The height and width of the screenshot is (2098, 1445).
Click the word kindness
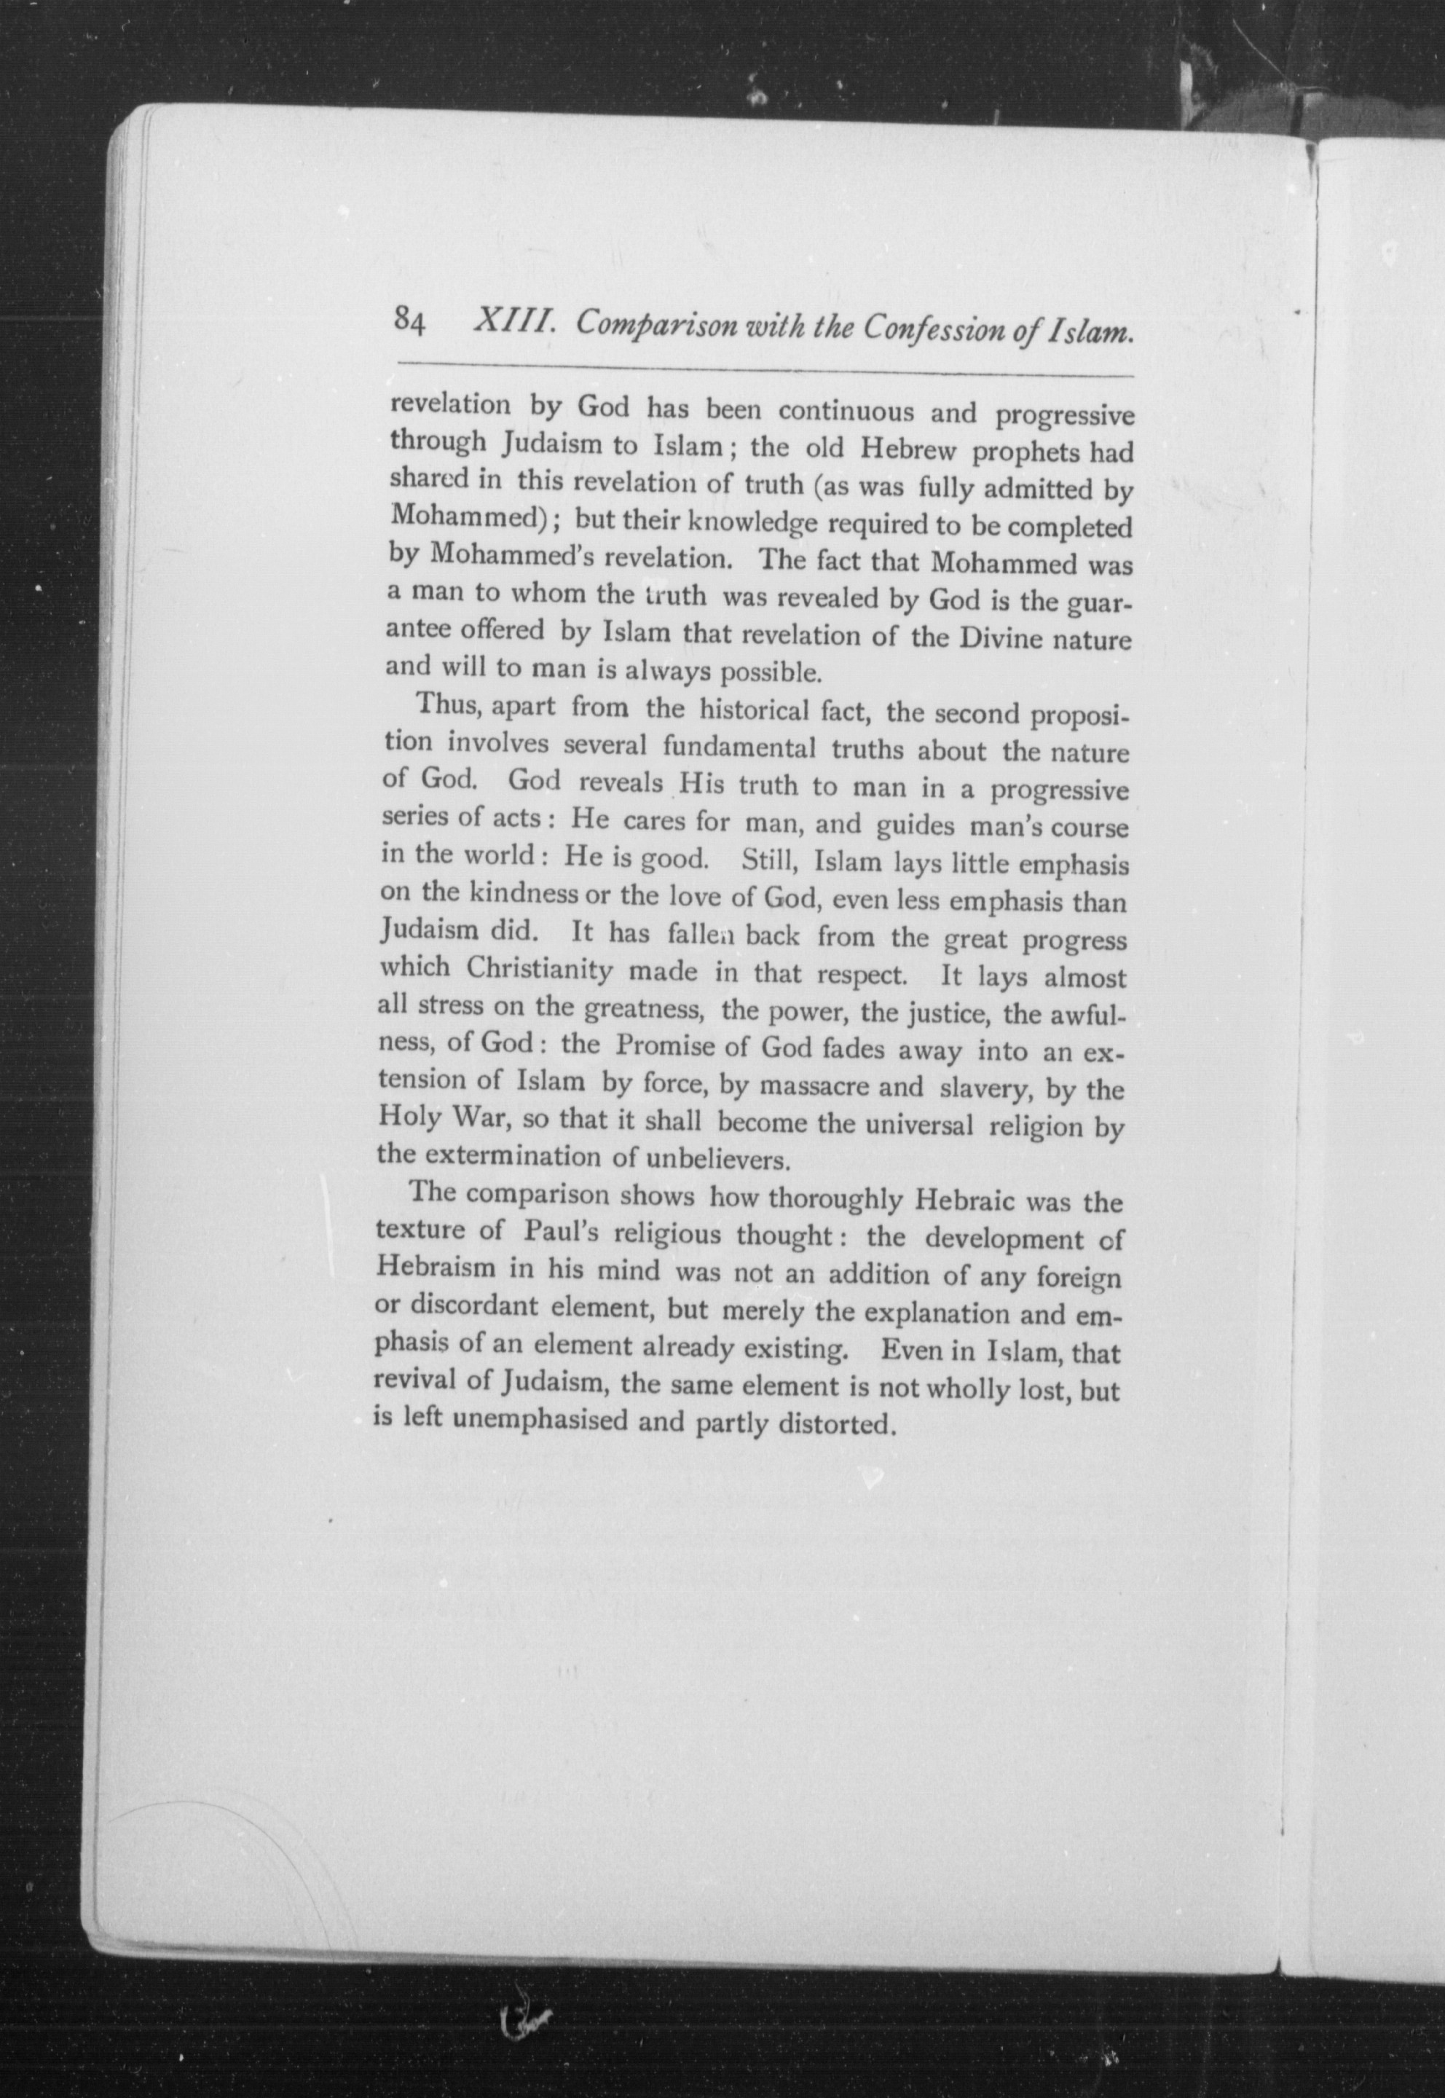click(x=524, y=897)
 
